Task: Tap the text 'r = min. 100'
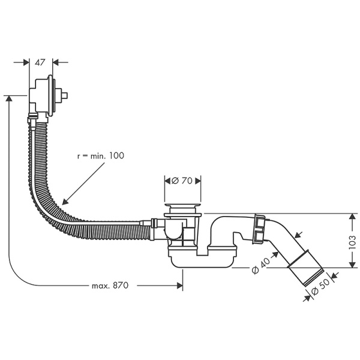[100, 155]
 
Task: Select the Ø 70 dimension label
[182, 181]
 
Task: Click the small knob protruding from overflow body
[68, 95]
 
